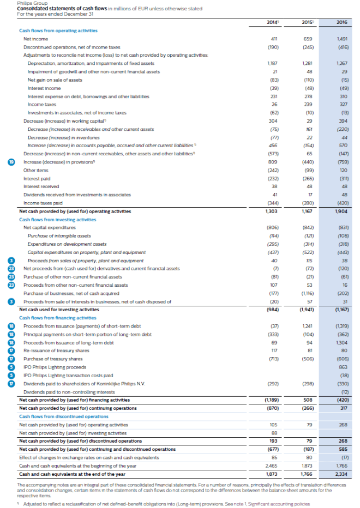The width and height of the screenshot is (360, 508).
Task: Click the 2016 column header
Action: click(342, 22)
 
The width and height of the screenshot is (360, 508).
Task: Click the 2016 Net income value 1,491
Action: click(342, 39)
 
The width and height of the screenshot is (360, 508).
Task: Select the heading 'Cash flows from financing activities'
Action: click(50, 318)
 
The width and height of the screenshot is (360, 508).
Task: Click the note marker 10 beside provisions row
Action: click(10, 162)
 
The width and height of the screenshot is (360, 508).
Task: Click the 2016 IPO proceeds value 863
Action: click(343, 367)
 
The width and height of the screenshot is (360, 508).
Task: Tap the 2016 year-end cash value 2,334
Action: click(341, 474)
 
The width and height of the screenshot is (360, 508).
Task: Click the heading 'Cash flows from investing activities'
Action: click(50, 219)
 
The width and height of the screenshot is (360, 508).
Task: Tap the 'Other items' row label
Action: click(34, 170)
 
